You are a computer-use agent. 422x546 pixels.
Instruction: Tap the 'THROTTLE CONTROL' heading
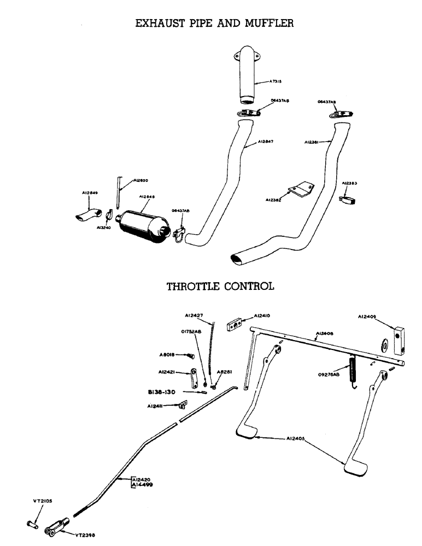(220, 286)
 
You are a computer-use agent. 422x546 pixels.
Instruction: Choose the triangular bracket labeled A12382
(300, 189)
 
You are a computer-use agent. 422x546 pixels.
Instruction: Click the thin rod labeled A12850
(118, 191)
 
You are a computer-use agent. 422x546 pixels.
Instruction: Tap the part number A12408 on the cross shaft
(325, 333)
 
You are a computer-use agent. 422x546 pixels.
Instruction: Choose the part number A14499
(143, 484)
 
